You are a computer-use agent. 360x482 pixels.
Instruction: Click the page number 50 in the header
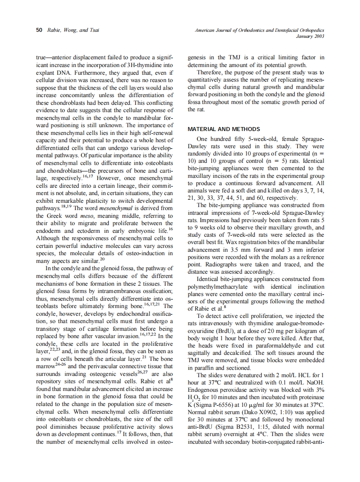tap(39, 30)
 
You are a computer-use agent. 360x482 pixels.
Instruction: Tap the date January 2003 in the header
tap(310, 36)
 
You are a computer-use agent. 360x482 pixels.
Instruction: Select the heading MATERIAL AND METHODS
tap(223, 129)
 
